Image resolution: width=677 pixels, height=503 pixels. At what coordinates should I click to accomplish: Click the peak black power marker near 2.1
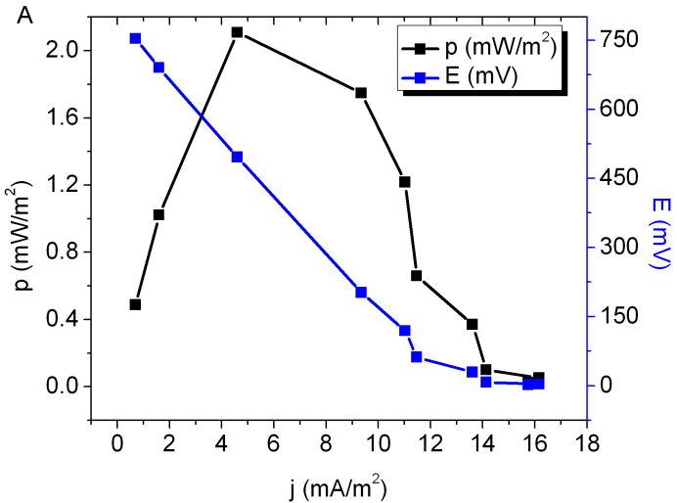(x=237, y=32)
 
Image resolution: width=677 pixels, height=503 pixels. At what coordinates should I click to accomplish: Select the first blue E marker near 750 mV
(x=135, y=38)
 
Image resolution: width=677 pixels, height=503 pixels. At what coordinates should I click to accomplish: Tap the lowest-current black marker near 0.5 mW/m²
(x=135, y=304)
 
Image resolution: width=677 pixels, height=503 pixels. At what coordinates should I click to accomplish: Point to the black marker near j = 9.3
(x=361, y=93)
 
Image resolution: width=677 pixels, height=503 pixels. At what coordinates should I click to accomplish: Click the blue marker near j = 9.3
(x=361, y=292)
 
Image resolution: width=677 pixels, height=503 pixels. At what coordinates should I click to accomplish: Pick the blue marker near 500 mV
(x=237, y=157)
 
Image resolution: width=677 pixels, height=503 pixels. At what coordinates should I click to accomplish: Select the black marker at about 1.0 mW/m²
(x=158, y=214)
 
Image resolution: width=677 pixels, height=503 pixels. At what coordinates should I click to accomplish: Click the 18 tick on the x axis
(x=586, y=440)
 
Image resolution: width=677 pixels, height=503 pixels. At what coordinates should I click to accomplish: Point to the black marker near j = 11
(x=404, y=181)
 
